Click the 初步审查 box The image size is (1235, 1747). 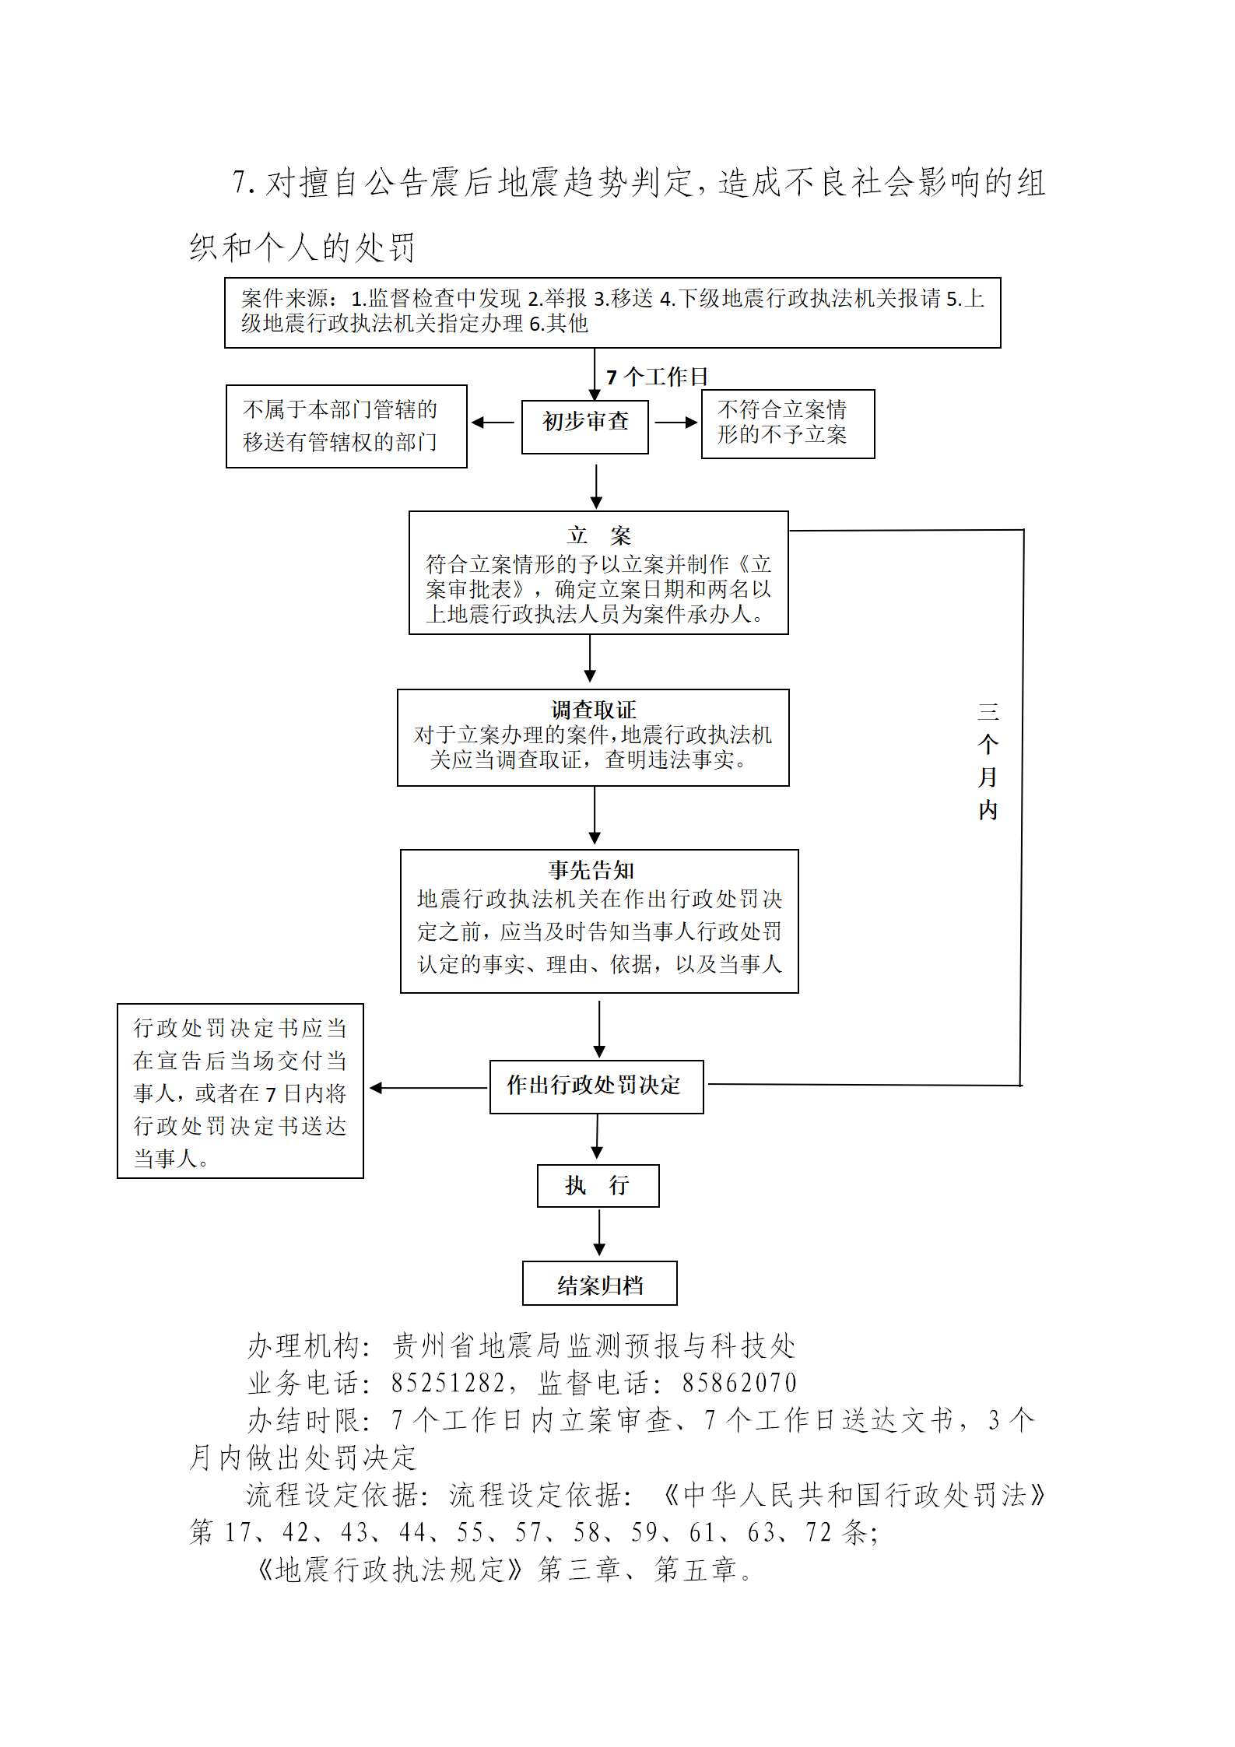584,426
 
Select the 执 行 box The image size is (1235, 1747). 598,1185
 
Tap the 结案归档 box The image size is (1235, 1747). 599,1283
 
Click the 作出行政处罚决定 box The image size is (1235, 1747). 596,1086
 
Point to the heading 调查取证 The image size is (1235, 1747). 593,710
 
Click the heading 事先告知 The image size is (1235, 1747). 591,870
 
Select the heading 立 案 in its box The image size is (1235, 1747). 598,535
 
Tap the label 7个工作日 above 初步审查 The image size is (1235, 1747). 657,377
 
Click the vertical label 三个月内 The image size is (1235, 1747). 988,760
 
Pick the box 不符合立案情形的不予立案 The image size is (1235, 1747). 788,423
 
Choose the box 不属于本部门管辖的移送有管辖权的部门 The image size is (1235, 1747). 346,426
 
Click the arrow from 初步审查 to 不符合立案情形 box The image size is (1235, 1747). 675,423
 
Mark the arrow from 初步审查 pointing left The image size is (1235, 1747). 493,423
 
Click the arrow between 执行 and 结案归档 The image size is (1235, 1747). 599,1233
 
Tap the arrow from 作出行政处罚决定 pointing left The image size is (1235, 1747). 428,1088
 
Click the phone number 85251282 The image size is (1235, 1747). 447,1383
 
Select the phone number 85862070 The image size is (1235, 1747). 739,1383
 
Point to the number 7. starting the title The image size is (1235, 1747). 244,183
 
